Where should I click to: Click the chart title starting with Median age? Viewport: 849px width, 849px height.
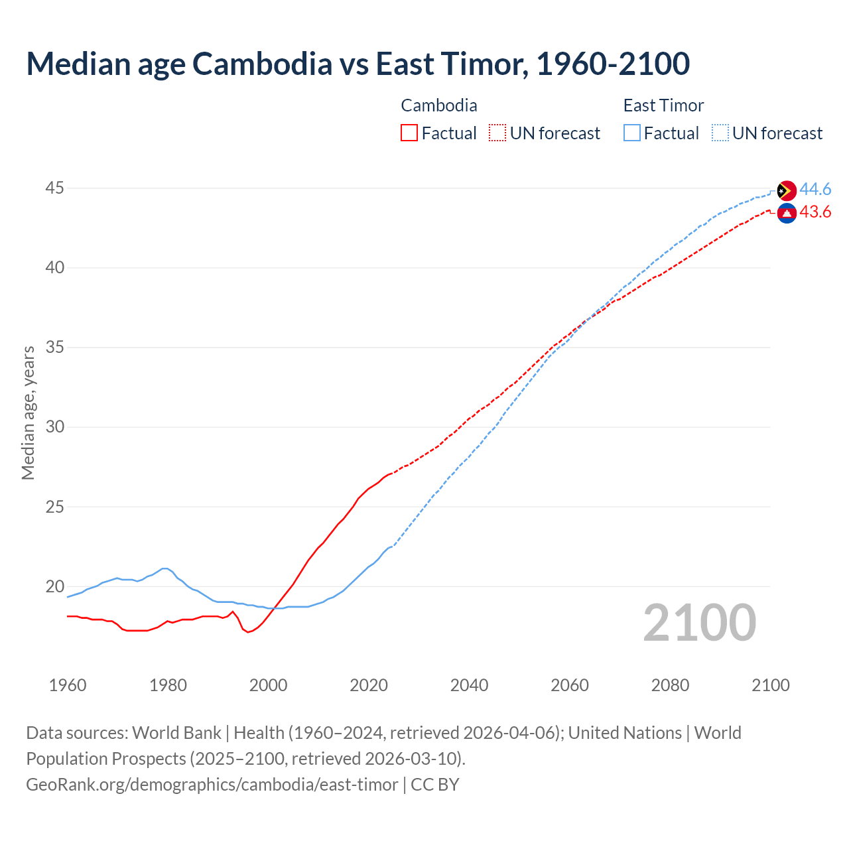click(358, 64)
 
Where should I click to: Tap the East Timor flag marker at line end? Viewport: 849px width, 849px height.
click(786, 190)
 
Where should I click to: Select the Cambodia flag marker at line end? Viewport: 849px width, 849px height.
click(786, 213)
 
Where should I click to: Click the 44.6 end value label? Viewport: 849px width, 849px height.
click(815, 190)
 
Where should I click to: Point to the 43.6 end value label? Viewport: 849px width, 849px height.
click(815, 212)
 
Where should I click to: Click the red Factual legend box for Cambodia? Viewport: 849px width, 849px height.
click(409, 133)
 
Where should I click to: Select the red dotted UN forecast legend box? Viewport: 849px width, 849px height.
click(497, 133)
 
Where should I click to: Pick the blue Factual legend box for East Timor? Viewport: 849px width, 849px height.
click(631, 133)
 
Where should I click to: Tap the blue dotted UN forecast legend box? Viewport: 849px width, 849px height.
click(720, 133)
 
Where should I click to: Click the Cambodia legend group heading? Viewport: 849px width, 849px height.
click(438, 105)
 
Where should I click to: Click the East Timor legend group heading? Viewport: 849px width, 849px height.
click(663, 105)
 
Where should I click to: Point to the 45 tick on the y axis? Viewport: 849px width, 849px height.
click(54, 188)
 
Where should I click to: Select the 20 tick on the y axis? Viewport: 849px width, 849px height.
click(54, 586)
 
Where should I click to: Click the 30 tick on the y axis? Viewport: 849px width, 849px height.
click(54, 427)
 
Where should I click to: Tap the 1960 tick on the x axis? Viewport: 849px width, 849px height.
click(68, 685)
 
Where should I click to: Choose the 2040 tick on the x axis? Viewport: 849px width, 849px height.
click(469, 685)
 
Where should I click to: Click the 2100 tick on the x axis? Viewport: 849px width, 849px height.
click(770, 685)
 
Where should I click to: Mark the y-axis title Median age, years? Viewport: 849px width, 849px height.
click(28, 413)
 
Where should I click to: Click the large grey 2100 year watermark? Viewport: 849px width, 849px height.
click(699, 623)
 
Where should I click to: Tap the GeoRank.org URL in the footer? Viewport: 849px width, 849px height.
click(212, 785)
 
